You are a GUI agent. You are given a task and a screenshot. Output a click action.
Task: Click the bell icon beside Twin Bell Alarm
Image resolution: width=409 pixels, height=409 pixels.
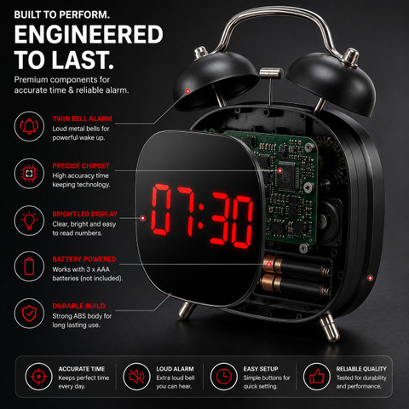pos(29,126)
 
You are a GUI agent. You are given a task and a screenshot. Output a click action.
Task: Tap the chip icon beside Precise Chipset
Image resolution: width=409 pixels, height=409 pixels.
pos(29,174)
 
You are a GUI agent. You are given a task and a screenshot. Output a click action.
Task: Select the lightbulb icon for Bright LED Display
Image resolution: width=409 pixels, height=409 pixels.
pos(29,221)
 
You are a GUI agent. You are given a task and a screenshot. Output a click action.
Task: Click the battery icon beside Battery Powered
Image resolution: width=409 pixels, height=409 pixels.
pos(29,267)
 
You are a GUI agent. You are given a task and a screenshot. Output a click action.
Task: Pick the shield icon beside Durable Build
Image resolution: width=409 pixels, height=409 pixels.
pos(29,314)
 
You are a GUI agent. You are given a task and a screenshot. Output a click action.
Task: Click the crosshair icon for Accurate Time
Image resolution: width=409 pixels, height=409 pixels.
pos(38,377)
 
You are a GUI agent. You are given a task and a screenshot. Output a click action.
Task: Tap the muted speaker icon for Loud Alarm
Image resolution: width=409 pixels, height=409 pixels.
pos(136,377)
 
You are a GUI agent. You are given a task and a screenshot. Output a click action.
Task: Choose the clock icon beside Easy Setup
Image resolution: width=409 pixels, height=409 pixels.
pos(224,377)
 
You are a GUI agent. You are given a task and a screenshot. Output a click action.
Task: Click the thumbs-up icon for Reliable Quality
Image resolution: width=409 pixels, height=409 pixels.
pos(317,377)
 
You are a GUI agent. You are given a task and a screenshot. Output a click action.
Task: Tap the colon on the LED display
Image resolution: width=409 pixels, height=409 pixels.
pos(200,216)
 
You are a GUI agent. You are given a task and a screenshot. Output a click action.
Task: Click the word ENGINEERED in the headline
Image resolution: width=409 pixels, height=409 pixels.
pos(89,34)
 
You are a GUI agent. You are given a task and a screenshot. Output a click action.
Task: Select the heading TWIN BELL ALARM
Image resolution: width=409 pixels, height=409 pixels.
pos(82,118)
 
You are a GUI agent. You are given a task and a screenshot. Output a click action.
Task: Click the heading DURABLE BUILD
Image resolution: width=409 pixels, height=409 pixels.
pos(78,306)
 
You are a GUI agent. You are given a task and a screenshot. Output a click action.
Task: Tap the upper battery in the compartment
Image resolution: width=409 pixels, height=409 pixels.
pos(297,267)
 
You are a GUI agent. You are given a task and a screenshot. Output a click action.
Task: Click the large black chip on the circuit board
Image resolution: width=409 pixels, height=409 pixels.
pos(287,173)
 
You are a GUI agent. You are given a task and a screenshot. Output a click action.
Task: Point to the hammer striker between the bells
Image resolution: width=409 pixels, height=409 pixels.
pos(271,73)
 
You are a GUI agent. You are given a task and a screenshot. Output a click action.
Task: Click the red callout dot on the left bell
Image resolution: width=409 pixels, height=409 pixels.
pos(187,91)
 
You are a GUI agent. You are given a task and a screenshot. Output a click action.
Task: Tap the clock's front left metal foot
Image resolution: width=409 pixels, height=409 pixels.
pos(186,310)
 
